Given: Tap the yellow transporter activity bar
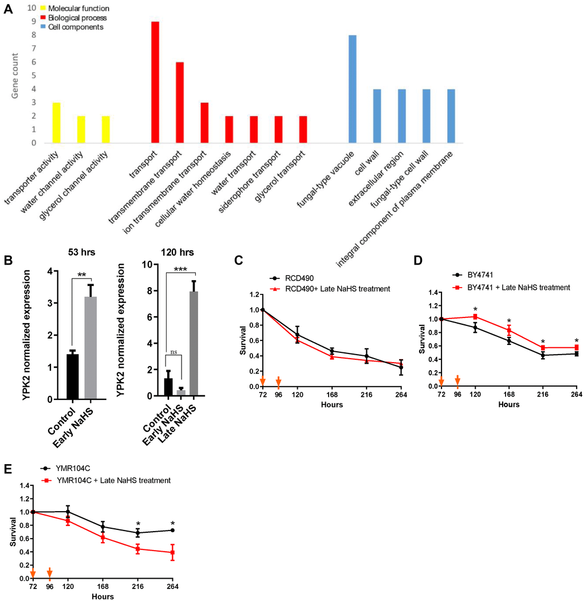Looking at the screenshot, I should pos(56,123).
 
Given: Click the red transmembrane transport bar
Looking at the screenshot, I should pos(180,103).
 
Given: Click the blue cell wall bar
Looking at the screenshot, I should pos(377,116).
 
